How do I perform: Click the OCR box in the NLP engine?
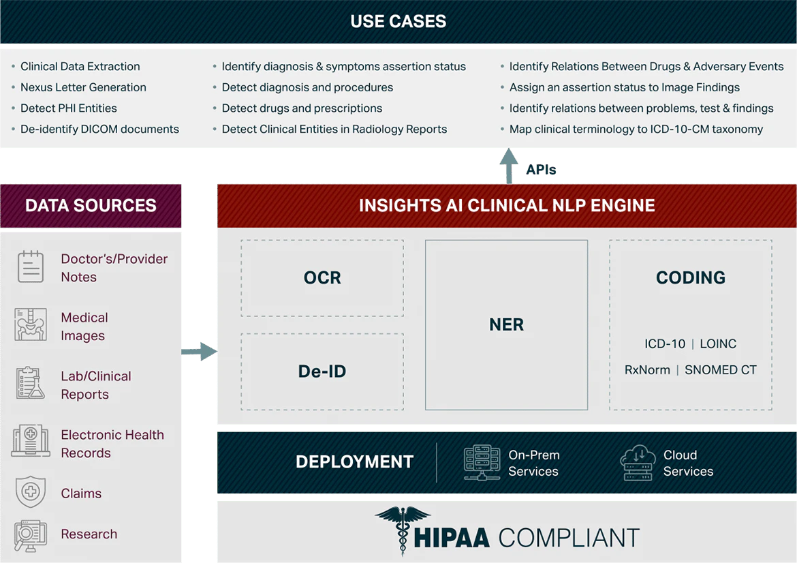(322, 277)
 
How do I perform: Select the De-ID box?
(322, 371)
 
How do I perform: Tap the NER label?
(506, 324)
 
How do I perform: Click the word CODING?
(690, 277)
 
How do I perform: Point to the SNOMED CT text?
(720, 370)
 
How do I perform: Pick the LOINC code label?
(718, 344)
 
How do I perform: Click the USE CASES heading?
(398, 21)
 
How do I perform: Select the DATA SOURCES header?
(91, 205)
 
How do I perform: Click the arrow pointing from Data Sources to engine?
(199, 352)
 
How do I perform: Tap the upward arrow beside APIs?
(509, 166)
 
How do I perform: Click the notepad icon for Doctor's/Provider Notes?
(31, 267)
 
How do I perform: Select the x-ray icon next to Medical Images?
(31, 325)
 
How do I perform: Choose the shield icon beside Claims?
(31, 492)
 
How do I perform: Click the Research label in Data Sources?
(89, 534)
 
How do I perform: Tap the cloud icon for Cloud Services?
(638, 463)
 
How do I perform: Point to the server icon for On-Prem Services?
(482, 463)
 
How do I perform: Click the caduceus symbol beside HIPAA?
(403, 530)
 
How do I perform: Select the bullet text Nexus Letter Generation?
(83, 87)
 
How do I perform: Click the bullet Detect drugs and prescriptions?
(302, 108)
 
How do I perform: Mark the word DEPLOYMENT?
(354, 462)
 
